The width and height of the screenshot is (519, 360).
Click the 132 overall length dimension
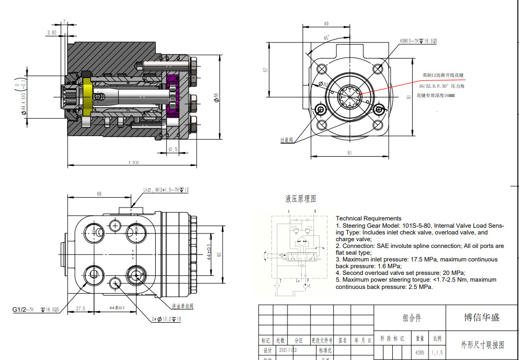click(x=133, y=162)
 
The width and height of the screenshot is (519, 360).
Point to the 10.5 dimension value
click(x=173, y=149)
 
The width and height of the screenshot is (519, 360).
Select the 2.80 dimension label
click(x=52, y=32)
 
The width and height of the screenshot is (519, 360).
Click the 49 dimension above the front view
click(x=326, y=24)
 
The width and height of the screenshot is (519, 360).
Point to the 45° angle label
click(x=325, y=37)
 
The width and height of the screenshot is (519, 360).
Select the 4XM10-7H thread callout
click(x=418, y=40)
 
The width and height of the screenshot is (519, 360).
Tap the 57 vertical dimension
click(x=266, y=69)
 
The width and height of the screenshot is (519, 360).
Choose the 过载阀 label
click(x=287, y=140)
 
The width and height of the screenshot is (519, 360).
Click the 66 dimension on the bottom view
click(x=99, y=193)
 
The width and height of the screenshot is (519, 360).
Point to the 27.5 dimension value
click(x=80, y=308)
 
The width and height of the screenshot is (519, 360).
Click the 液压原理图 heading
click(x=300, y=199)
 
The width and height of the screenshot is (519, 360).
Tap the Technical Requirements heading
click(x=368, y=218)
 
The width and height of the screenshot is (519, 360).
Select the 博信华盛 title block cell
click(x=482, y=317)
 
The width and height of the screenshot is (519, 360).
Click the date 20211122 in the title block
click(x=289, y=350)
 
